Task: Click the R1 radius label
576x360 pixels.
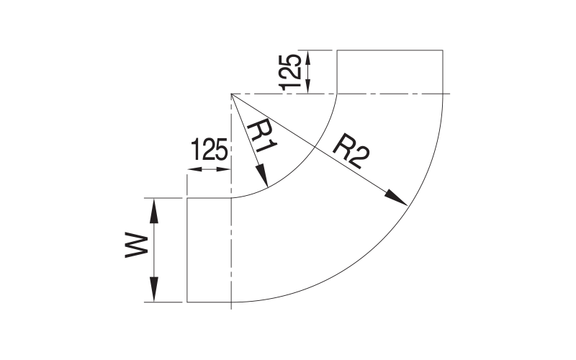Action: pyautogui.click(x=261, y=136)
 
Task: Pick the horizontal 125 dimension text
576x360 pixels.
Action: pyautogui.click(x=210, y=151)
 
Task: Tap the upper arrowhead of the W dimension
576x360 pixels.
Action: pyautogui.click(x=154, y=206)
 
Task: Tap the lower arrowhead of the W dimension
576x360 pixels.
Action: pyautogui.click(x=154, y=294)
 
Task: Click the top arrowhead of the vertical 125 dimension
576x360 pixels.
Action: pyautogui.click(x=308, y=56)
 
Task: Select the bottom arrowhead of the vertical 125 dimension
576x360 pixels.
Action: pyautogui.click(x=308, y=86)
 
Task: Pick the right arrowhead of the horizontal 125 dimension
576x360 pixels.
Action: pyautogui.click(x=224, y=171)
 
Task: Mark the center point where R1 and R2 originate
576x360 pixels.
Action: pyautogui.click(x=230, y=94)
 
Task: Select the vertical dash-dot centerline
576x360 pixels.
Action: pyautogui.click(x=230, y=252)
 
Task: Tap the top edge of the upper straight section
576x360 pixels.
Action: pyautogui.click(x=389, y=50)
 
